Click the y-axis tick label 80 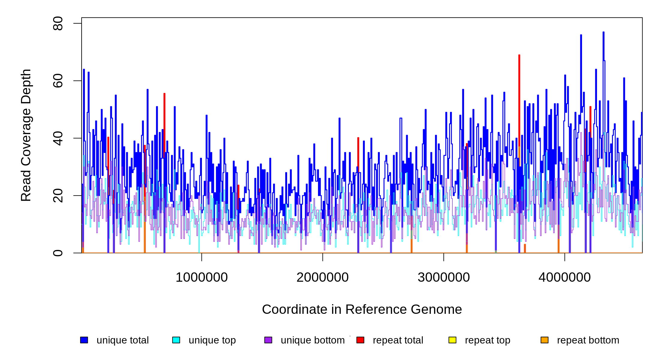pos(58,23)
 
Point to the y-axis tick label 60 pos(58,81)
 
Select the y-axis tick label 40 pos(58,138)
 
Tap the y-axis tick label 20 pos(58,196)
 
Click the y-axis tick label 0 pos(58,253)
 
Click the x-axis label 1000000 pos(202,277)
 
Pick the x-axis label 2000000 pos(322,277)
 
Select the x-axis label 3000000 pos(444,277)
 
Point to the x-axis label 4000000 pos(565,277)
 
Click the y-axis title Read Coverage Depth pos(26,135)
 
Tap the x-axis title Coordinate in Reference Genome pos(362,310)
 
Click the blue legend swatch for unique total pos(84,340)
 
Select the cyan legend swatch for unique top pos(176,340)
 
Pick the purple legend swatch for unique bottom pos(268,340)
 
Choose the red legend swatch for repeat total pos(360,340)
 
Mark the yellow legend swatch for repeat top pos(452,340)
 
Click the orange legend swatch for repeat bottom pos(544,340)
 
